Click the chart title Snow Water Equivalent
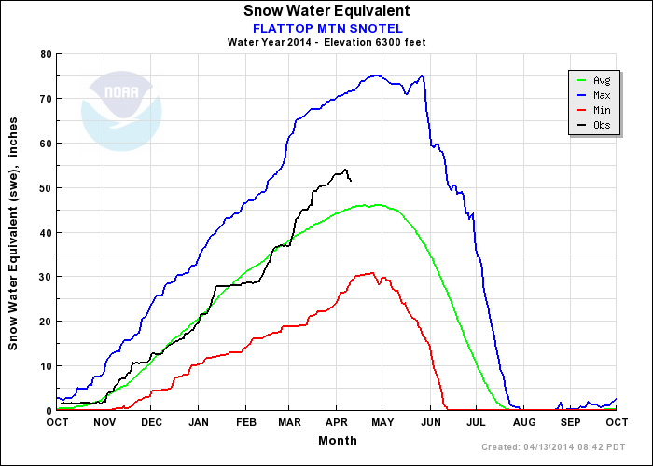326,10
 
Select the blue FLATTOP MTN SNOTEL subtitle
326,27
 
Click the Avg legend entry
601,81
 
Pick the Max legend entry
601,95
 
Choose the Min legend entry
601,109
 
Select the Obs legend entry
601,124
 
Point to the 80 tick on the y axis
44,54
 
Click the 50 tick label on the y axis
44,187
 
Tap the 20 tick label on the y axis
44,322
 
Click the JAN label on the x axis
197,422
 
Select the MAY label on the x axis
383,422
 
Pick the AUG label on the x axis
523,422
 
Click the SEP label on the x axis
570,422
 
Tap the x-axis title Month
336,439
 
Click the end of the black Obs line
350,180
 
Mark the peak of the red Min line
373,273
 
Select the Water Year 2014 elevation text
326,42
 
